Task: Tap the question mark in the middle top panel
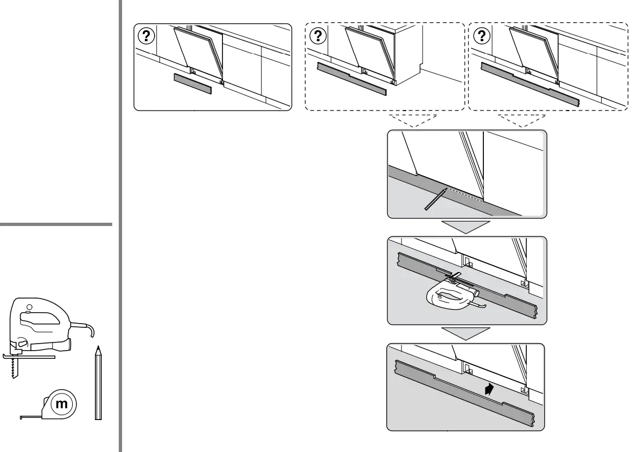click(318, 36)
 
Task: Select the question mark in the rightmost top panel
click(481, 36)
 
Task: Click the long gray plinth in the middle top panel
click(353, 78)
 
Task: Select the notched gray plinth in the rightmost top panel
click(529, 85)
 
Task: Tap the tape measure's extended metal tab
click(27, 417)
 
